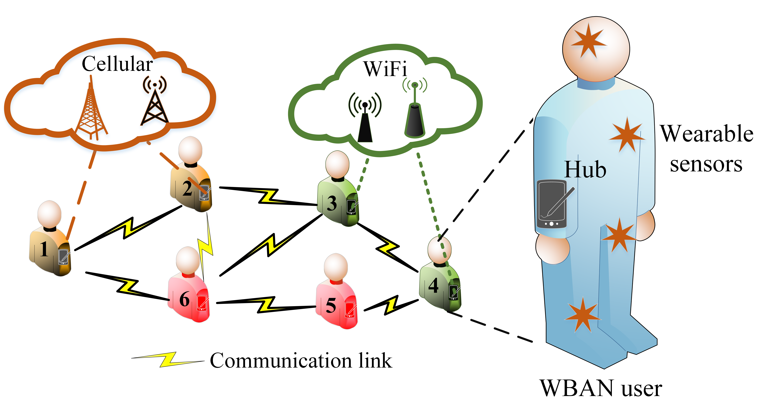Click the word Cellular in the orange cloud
tap(117, 64)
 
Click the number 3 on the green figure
tap(332, 204)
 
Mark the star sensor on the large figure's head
tap(588, 41)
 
